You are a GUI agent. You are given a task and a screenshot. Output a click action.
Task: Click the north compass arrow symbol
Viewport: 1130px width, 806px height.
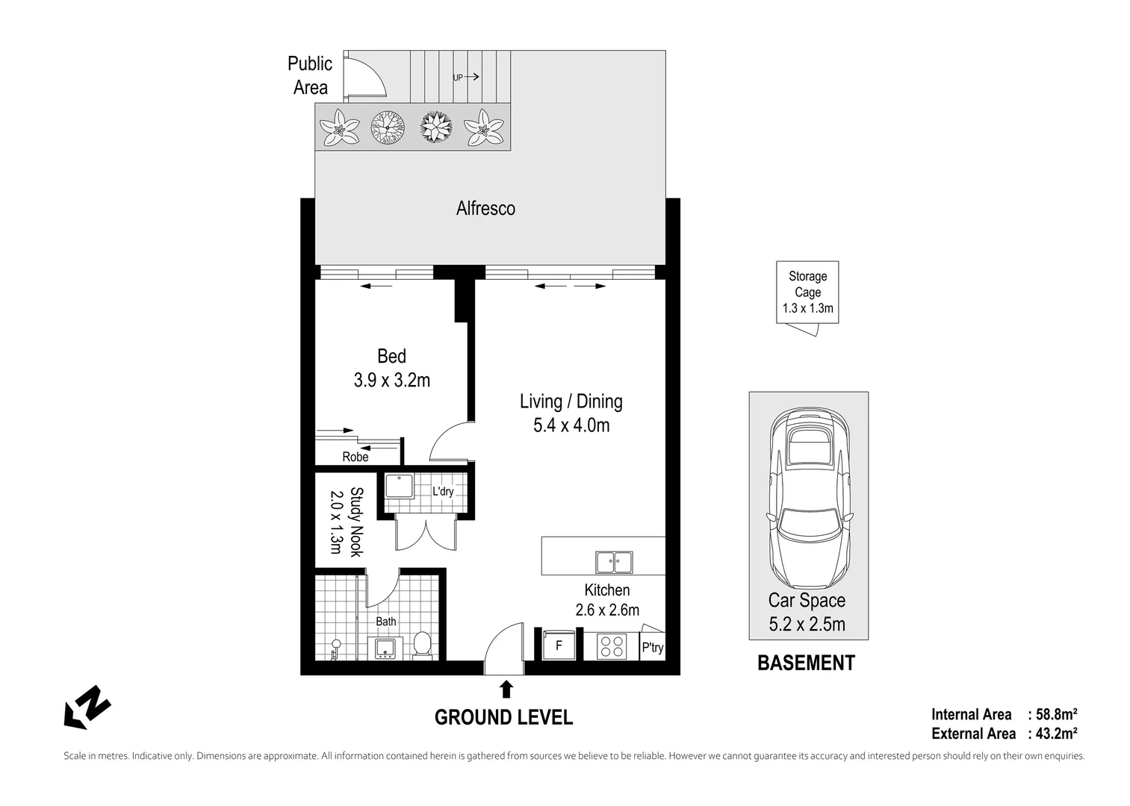click(x=87, y=706)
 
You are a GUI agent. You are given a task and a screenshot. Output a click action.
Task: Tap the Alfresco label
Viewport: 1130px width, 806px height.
click(x=485, y=208)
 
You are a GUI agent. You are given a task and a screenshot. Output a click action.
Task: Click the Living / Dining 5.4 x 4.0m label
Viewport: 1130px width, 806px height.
click(x=571, y=413)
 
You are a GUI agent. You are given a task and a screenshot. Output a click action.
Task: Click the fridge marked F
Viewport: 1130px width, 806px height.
click(x=557, y=645)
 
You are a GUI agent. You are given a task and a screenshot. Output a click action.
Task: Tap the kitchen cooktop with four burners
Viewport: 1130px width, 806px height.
click(x=612, y=646)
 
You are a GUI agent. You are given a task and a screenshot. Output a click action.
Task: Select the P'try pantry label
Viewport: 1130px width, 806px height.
click(x=652, y=647)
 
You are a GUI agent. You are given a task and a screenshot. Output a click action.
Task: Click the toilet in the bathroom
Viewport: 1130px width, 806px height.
click(x=422, y=646)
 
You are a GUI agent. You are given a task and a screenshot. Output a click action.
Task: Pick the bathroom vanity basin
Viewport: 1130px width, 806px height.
click(x=386, y=647)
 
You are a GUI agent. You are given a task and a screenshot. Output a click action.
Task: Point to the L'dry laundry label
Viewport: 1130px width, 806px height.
click(x=443, y=491)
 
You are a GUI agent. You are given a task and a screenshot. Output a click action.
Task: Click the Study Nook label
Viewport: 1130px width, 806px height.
click(x=346, y=522)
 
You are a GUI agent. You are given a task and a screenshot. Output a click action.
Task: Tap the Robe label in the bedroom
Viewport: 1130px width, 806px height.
click(x=356, y=457)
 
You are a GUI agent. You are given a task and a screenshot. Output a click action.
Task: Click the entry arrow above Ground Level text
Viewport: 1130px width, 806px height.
click(x=506, y=688)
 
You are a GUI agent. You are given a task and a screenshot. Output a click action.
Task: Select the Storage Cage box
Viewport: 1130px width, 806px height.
click(x=807, y=292)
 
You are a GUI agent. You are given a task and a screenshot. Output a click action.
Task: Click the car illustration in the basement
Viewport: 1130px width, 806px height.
click(x=809, y=499)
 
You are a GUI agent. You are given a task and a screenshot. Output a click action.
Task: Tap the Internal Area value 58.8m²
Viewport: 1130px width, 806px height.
click(x=1056, y=714)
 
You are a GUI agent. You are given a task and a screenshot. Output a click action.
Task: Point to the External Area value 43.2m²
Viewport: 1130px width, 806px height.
click(x=1056, y=734)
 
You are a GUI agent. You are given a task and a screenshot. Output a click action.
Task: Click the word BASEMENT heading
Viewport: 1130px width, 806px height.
click(x=806, y=663)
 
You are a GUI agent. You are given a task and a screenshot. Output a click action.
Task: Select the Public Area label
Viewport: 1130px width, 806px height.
click(x=310, y=75)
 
